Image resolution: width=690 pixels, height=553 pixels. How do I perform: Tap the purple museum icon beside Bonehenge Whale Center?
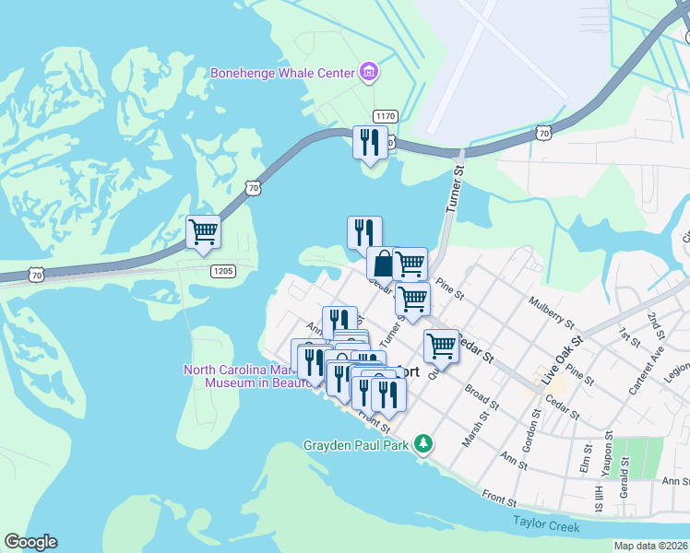tap(369, 72)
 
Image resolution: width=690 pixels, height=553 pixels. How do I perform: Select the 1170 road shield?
tap(385, 115)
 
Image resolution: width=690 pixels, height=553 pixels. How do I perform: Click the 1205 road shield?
tap(222, 270)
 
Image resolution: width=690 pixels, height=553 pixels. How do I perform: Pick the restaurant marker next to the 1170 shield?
tap(371, 143)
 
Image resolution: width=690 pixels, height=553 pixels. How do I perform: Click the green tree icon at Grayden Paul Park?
tap(422, 444)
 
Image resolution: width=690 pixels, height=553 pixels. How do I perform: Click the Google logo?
tap(30, 542)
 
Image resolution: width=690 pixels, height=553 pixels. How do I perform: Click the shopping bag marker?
tap(381, 263)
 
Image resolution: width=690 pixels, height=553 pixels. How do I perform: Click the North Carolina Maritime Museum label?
tap(249, 376)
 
